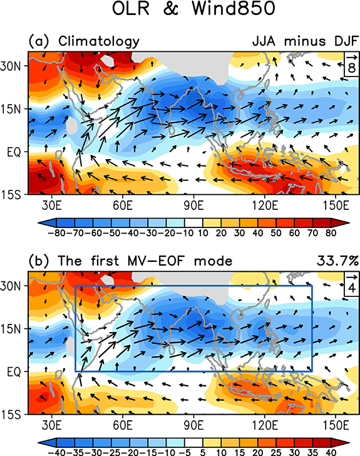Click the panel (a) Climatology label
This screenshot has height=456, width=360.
pos(84,42)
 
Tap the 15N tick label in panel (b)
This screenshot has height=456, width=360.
pos(16,328)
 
